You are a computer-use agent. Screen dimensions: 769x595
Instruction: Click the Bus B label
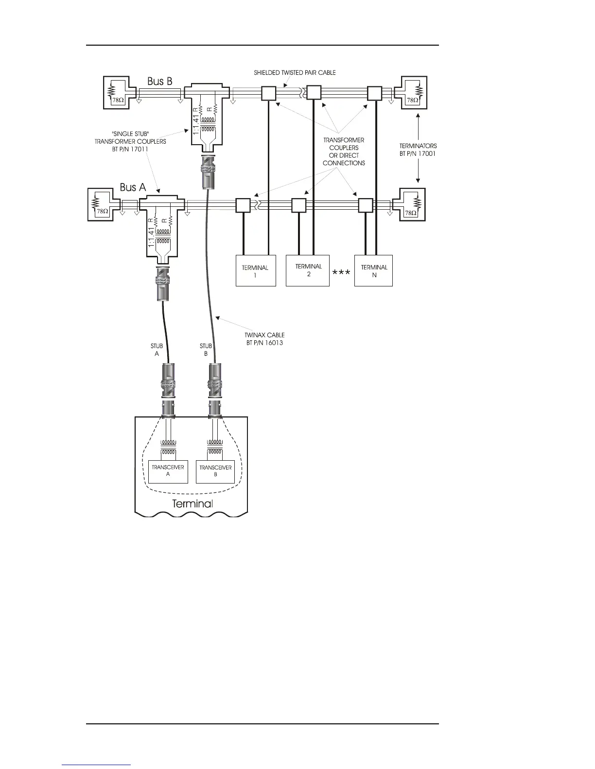[x=160, y=81]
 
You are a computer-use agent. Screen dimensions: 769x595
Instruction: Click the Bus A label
[x=133, y=187]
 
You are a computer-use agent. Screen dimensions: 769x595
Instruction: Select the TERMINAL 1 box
[x=256, y=270]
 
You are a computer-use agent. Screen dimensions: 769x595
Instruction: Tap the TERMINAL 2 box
[x=308, y=270]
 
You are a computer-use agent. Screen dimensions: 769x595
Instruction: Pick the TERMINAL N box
[x=373, y=270]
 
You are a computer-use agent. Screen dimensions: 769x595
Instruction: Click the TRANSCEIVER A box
[x=168, y=470]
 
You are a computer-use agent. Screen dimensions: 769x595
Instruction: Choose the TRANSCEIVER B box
[x=215, y=470]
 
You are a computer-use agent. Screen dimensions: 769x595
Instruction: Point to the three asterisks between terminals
[x=341, y=274]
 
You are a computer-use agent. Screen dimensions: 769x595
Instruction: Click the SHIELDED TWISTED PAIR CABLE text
[x=295, y=73]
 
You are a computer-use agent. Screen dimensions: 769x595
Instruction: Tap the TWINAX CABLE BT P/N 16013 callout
[x=265, y=339]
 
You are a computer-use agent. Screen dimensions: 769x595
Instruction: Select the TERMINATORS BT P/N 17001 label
[x=415, y=150]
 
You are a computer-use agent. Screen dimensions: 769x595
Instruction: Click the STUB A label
[x=157, y=350]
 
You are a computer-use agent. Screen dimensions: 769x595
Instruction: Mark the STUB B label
[x=206, y=350]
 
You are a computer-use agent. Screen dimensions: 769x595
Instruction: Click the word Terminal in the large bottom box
[x=192, y=503]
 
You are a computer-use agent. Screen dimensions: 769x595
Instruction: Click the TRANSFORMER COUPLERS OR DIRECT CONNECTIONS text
[x=344, y=151]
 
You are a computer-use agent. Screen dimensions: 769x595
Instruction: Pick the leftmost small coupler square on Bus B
[x=268, y=93]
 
